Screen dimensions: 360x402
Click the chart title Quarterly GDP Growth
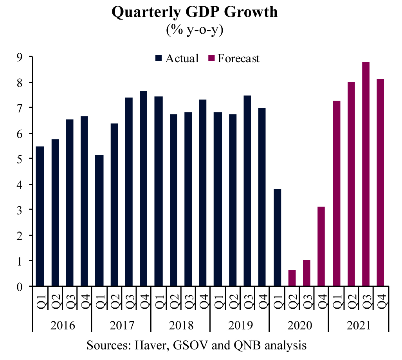[195, 12]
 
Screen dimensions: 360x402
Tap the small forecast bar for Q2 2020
[292, 278]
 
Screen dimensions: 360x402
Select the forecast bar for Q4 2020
[321, 246]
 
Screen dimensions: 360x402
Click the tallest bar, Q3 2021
[366, 174]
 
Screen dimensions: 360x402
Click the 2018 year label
[180, 326]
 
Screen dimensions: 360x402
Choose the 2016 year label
[62, 326]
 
